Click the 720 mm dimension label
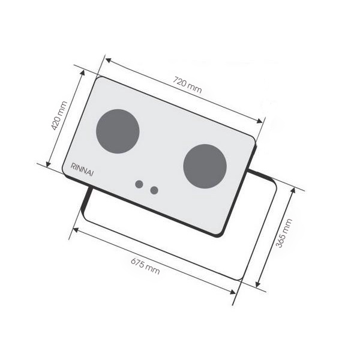pos(187,85)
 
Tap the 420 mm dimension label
pos(59,116)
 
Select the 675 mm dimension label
pos(145,266)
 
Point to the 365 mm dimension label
pos(284,233)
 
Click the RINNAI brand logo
pos(82,170)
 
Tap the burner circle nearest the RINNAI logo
pos(118,131)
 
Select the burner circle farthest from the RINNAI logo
pos(205,166)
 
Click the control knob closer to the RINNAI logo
pos(139,184)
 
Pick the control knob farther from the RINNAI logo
pos(154,190)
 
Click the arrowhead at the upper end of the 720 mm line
pos(108,60)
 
